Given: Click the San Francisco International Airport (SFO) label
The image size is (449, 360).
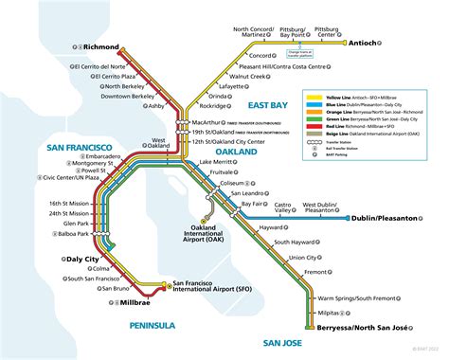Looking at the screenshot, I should tap(213, 287).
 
